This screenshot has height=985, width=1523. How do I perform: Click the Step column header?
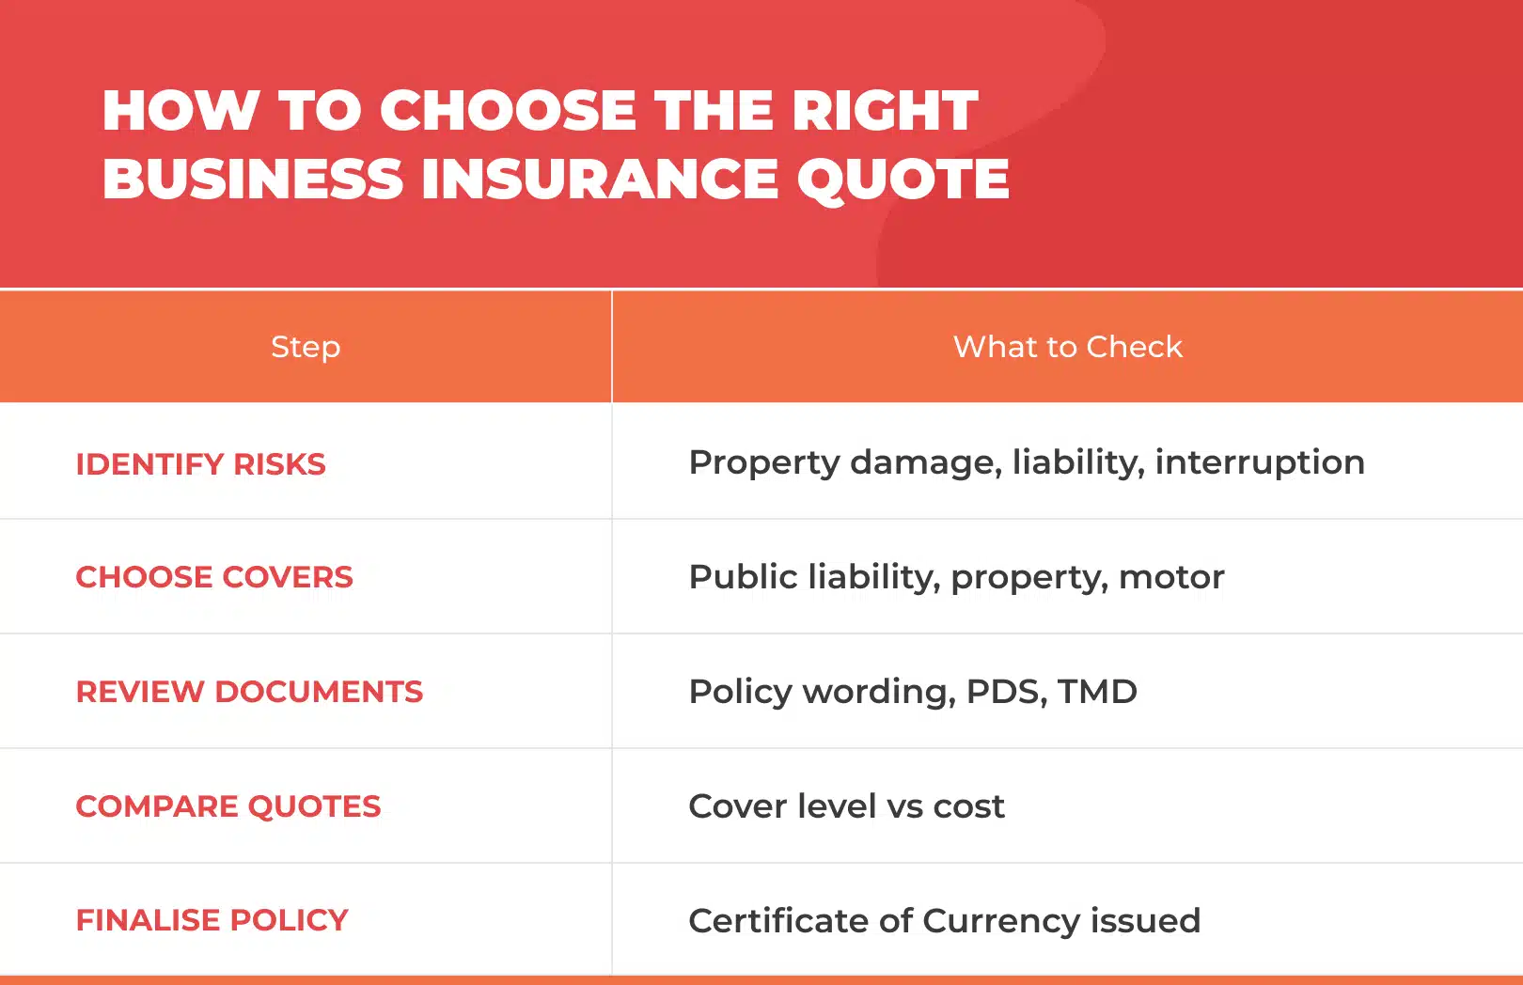pyautogui.click(x=306, y=347)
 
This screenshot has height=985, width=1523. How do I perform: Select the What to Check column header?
pyautogui.click(x=1067, y=347)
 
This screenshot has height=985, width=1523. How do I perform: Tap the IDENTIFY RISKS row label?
pyautogui.click(x=200, y=464)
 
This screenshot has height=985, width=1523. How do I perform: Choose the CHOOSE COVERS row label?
pyautogui.click(x=214, y=577)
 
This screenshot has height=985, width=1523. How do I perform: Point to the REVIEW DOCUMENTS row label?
pyautogui.click(x=249, y=692)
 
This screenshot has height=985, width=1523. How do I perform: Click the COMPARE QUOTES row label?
pyautogui.click(x=228, y=806)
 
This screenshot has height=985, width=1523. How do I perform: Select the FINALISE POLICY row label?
pyautogui.click(x=212, y=920)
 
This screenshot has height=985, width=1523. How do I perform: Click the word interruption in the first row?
pyautogui.click(x=1260, y=462)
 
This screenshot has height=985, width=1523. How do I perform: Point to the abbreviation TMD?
pyautogui.click(x=1097, y=692)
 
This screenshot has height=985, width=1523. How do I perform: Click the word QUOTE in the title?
pyautogui.click(x=903, y=179)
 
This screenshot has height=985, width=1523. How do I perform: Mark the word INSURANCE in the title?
pyautogui.click(x=600, y=179)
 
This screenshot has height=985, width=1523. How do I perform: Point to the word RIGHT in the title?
pyautogui.click(x=885, y=110)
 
